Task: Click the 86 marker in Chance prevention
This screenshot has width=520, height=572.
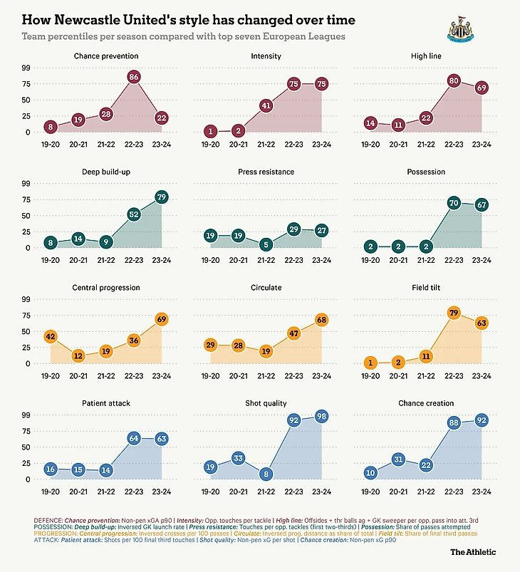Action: tap(133, 76)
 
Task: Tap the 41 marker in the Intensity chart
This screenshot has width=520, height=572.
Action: tap(265, 105)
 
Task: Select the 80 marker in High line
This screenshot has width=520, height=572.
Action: tap(454, 80)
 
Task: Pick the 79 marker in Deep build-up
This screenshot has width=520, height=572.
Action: tap(162, 197)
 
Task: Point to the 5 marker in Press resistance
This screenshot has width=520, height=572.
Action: tap(265, 244)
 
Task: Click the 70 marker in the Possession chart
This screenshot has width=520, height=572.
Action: tap(454, 202)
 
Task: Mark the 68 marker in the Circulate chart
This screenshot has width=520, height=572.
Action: tap(322, 319)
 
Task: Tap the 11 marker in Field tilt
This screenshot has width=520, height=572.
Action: tap(425, 356)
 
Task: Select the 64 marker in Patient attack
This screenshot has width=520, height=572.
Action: tap(133, 438)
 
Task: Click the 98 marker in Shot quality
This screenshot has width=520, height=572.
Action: tap(322, 416)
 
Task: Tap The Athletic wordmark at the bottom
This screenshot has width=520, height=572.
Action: tap(473, 551)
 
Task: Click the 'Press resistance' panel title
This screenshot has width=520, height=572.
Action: tap(265, 172)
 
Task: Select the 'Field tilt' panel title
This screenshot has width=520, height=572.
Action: tap(425, 288)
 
